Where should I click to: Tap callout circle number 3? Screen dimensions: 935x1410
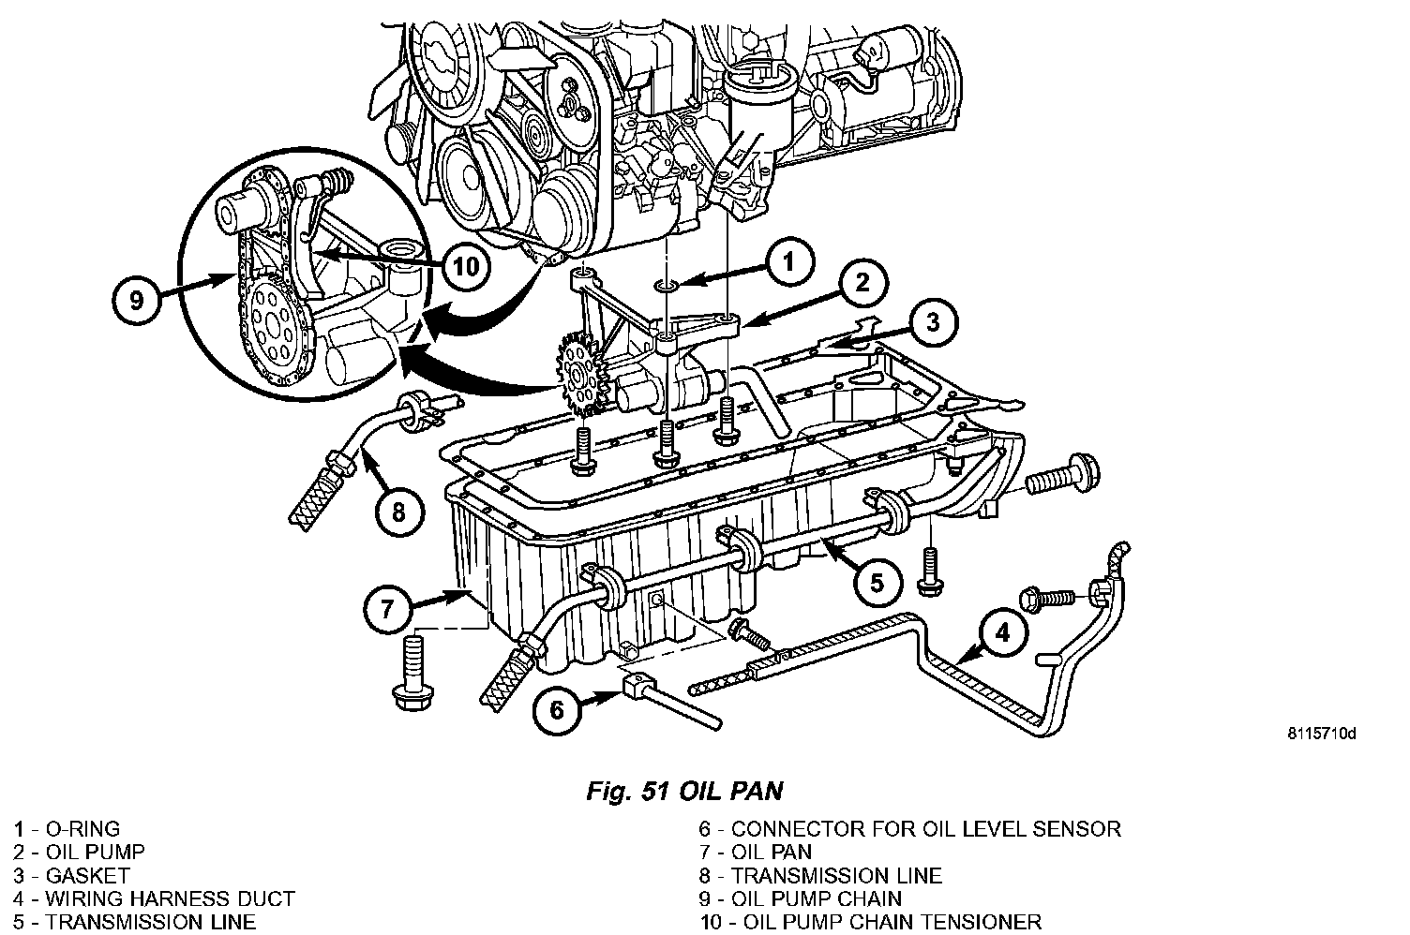point(932,323)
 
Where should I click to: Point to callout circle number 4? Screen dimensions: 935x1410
point(1002,634)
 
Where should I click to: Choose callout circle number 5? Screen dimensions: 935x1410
point(876,583)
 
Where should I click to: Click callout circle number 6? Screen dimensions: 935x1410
point(557,709)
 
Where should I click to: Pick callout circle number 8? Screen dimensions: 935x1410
point(398,512)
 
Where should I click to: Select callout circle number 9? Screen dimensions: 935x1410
point(137,303)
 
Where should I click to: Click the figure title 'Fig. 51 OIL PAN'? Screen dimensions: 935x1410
point(684,792)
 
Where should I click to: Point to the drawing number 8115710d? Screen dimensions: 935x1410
point(1321,734)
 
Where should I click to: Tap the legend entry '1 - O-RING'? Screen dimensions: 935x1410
point(67,829)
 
